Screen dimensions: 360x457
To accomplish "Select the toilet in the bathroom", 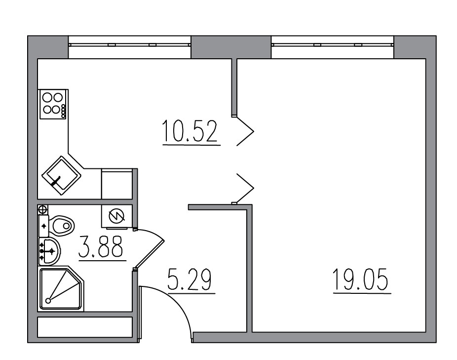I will click(61, 225).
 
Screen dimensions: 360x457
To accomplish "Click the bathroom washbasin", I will click(49, 251).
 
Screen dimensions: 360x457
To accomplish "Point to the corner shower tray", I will click(60, 289).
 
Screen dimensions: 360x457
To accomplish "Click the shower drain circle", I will click(48, 300).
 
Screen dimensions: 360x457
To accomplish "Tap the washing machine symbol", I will click(117, 215).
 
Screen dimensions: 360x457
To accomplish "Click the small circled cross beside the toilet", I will click(42, 209).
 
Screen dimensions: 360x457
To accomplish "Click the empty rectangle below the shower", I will click(85, 327).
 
